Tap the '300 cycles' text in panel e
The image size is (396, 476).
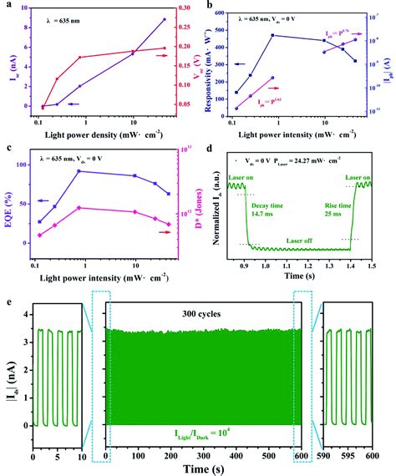tap(198, 317)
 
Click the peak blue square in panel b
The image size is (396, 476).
tap(272, 35)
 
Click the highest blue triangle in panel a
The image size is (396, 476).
tap(165, 19)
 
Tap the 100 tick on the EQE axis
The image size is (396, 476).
tap(24, 165)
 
